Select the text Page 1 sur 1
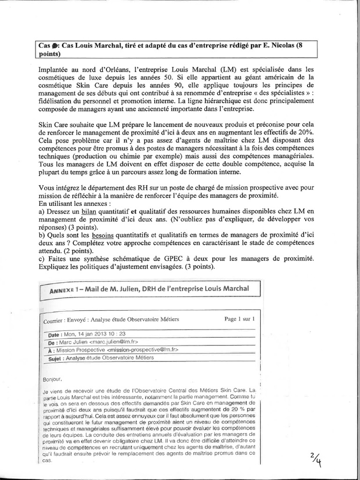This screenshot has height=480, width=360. [x=240, y=319]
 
